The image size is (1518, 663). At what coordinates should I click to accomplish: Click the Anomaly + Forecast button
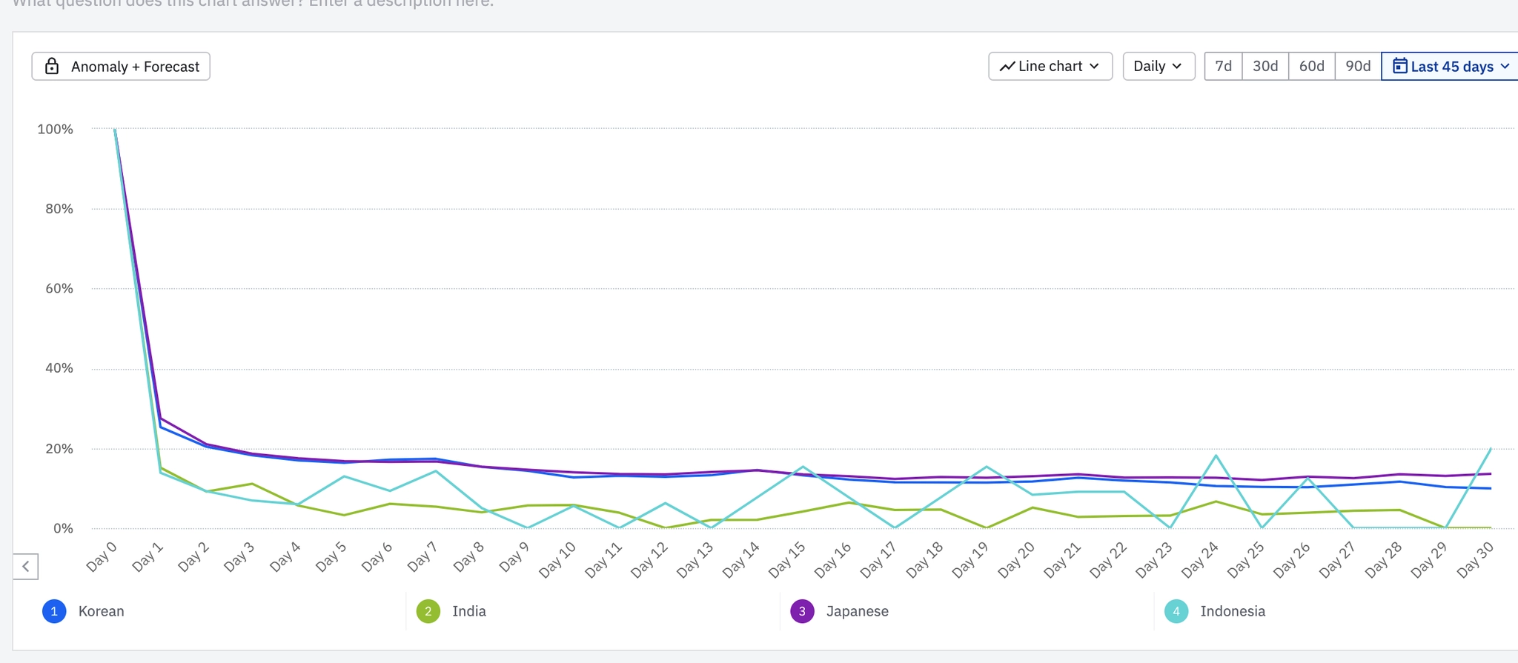coord(121,67)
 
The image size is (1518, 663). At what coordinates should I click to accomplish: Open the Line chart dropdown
coord(1050,67)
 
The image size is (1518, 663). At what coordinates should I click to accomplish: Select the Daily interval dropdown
coord(1158,67)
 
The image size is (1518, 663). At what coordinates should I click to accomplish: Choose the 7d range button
coord(1223,67)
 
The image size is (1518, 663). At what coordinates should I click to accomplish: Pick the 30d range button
coord(1265,67)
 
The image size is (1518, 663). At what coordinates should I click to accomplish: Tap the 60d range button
coord(1311,67)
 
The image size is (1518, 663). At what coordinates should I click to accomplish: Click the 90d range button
coord(1358,67)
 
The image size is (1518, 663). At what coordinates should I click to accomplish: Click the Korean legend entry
coord(84,611)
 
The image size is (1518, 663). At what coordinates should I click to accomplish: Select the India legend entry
coord(451,611)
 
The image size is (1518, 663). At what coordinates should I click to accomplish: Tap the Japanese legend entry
coord(840,611)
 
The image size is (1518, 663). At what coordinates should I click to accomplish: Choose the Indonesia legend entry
coord(1215,611)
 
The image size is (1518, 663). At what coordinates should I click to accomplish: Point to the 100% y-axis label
coord(56,129)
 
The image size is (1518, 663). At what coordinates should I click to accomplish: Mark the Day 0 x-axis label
coord(102,557)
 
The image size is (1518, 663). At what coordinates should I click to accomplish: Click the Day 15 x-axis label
coord(786,560)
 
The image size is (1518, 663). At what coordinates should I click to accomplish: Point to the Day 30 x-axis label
coord(1474,560)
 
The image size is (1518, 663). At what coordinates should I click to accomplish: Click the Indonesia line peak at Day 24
coord(1216,456)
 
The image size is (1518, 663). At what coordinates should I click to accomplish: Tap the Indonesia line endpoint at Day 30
coord(1491,448)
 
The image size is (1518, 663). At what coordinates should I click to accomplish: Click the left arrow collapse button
coord(26,567)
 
